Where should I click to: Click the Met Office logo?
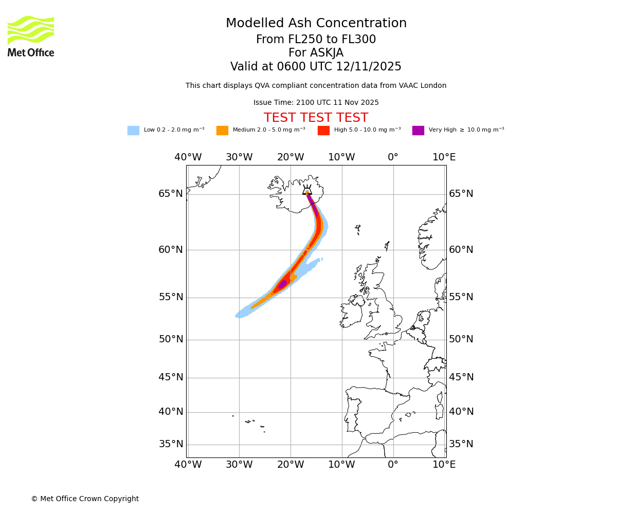(x=31, y=36)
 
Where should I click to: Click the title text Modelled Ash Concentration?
(x=316, y=24)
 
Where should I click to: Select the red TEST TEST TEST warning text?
(x=316, y=118)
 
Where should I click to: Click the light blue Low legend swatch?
(x=133, y=131)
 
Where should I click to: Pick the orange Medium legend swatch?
(x=222, y=131)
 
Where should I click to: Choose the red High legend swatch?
(x=323, y=131)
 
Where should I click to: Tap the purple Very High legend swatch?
(x=418, y=131)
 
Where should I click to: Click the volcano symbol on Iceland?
(x=307, y=190)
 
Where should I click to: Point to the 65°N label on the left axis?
(x=171, y=194)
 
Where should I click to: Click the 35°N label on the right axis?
(x=461, y=444)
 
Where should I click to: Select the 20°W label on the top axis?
(x=291, y=157)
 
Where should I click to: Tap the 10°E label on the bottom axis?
(x=444, y=465)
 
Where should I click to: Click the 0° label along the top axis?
(x=393, y=157)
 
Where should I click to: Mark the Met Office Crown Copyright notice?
(x=85, y=499)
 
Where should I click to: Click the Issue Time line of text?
(x=316, y=103)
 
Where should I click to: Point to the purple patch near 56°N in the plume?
(x=282, y=284)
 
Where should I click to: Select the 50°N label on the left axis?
(x=171, y=339)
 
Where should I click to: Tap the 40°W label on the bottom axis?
(x=188, y=465)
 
